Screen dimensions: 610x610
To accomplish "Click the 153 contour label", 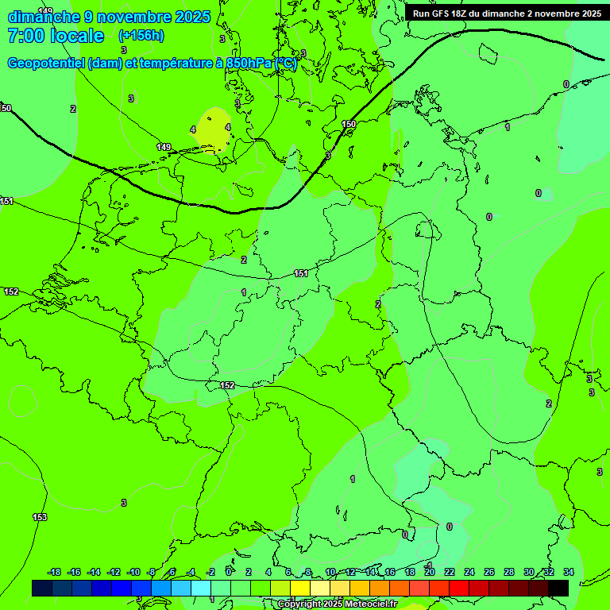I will (40, 517).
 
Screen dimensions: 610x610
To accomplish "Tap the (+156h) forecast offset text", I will (141, 36).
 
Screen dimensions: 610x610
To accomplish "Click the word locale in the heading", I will (76, 36).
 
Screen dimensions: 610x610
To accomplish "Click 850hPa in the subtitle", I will (249, 64).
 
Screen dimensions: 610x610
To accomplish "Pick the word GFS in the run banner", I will (442, 14).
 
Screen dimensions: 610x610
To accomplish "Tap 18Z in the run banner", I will (462, 14).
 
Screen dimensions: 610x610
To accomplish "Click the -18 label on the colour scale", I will (54, 572).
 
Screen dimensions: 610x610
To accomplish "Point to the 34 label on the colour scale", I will (569, 572).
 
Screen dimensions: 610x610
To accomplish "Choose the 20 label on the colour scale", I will (430, 572).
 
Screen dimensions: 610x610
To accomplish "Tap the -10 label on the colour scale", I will (133, 572).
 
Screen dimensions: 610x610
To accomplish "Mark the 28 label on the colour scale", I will (509, 572).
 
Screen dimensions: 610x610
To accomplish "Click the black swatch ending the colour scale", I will (558, 588).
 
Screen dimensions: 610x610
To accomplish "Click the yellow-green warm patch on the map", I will (212, 129).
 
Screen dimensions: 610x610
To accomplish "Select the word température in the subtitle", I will (172, 64).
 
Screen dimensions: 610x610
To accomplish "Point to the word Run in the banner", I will (422, 14).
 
